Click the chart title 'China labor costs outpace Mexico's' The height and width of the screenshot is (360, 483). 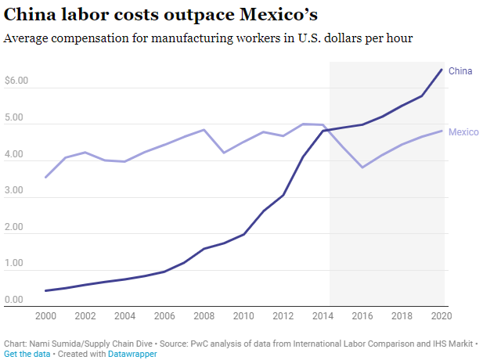[160, 15]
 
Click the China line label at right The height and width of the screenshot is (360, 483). [460, 71]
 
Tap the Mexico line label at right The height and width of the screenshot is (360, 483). [463, 132]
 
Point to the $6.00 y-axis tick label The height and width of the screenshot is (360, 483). [16, 81]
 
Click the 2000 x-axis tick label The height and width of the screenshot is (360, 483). [46, 316]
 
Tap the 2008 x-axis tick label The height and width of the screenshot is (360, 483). [204, 316]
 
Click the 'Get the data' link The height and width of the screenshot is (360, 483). [26, 354]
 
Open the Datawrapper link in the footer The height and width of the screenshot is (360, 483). [132, 354]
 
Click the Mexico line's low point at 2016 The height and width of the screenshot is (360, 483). [362, 167]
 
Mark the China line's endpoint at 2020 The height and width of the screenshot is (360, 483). [442, 70]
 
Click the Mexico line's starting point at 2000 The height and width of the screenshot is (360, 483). [46, 177]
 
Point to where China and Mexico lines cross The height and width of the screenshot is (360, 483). [326, 129]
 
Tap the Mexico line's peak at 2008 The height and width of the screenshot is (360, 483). [204, 130]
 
